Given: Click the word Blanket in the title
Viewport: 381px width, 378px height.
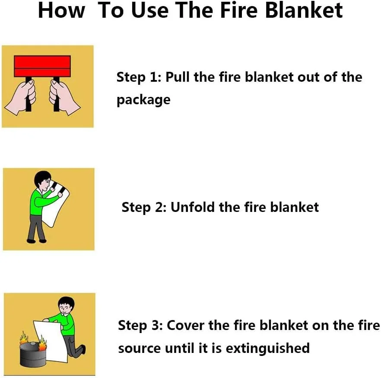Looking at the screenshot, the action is [x=304, y=10].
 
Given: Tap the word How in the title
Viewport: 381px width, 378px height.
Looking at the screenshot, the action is [x=62, y=10].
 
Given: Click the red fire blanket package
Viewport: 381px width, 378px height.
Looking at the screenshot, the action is [x=42, y=66].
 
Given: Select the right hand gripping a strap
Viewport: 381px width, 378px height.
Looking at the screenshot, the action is [x=63, y=97].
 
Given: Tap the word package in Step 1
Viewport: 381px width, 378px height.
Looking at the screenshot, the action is [x=143, y=100].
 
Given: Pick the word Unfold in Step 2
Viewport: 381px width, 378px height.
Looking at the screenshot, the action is [x=193, y=207].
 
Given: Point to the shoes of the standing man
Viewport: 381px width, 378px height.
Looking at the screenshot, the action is [x=36, y=241].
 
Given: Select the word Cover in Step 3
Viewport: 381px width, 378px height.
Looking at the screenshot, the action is [x=185, y=325].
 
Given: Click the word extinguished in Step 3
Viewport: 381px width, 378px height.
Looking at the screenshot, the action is [x=267, y=348].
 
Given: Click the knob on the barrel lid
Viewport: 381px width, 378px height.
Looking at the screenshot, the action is [x=32, y=343].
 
